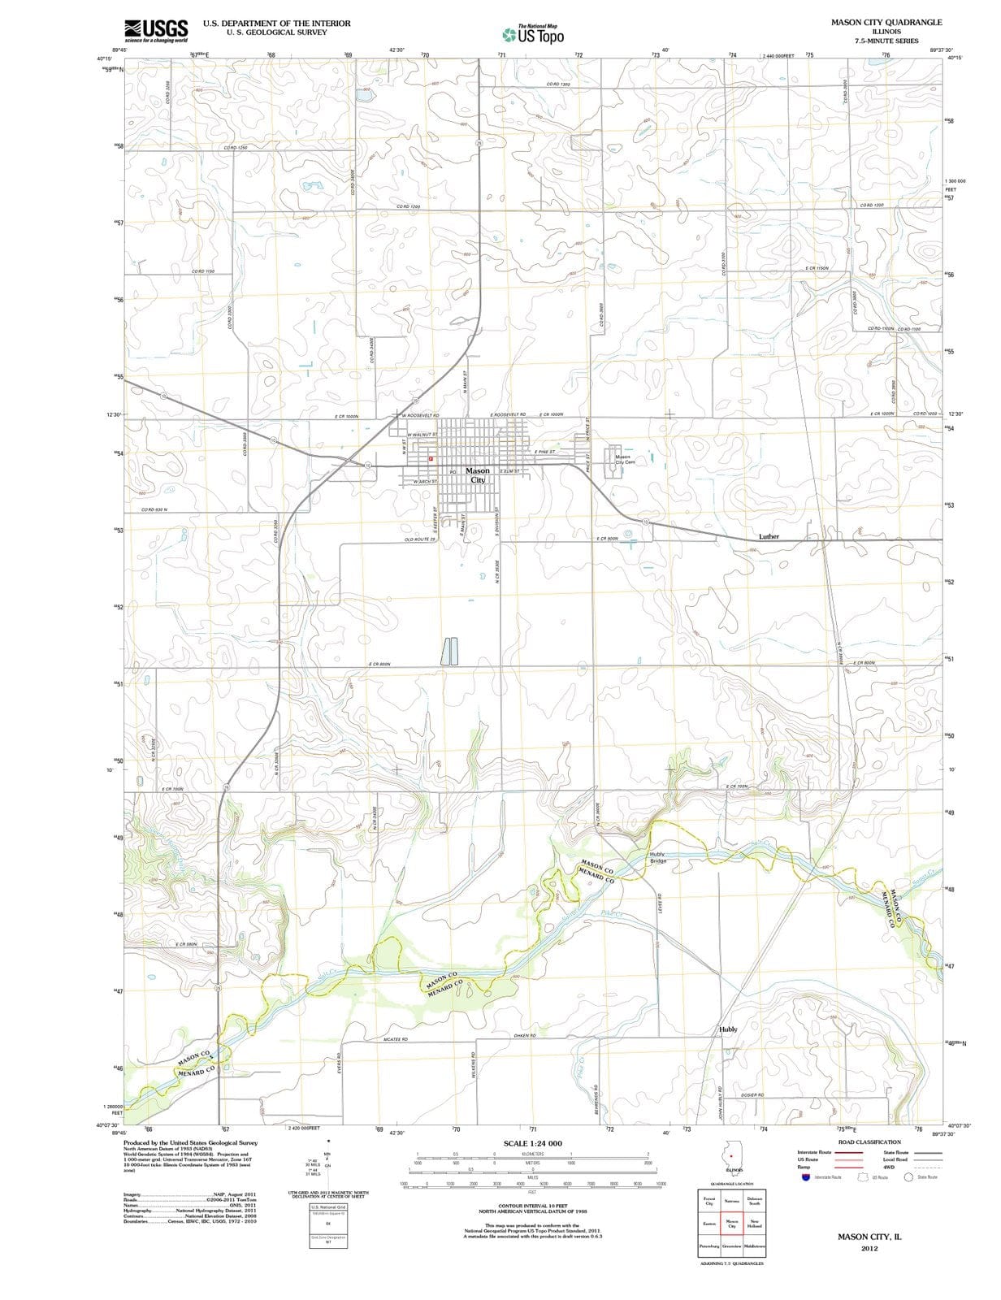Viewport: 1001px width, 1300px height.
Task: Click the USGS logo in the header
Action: click(x=156, y=31)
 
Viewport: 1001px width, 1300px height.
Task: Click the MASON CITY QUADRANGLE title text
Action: click(x=886, y=22)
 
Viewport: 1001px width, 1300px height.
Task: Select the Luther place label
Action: click(x=769, y=536)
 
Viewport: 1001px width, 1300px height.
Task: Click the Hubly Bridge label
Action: click(x=658, y=857)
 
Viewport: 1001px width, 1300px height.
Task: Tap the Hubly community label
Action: click(x=728, y=1029)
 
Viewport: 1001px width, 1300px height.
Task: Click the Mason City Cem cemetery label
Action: click(x=624, y=460)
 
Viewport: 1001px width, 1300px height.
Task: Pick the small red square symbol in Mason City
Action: click(x=431, y=460)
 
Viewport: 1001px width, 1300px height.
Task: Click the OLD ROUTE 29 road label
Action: click(x=420, y=539)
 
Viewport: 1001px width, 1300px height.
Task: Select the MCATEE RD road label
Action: click(x=396, y=1039)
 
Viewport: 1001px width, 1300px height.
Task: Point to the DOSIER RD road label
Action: click(x=752, y=1095)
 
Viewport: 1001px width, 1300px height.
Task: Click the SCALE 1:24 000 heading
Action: click(x=532, y=1143)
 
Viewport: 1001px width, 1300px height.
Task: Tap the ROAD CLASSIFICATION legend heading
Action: click(x=869, y=1142)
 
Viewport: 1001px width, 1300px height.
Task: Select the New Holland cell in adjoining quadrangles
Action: click(x=754, y=1224)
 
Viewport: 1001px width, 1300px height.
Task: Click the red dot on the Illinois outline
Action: click(x=733, y=1155)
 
